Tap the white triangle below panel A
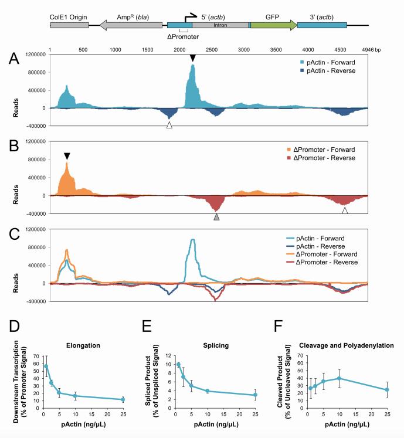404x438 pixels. tap(169, 125)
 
